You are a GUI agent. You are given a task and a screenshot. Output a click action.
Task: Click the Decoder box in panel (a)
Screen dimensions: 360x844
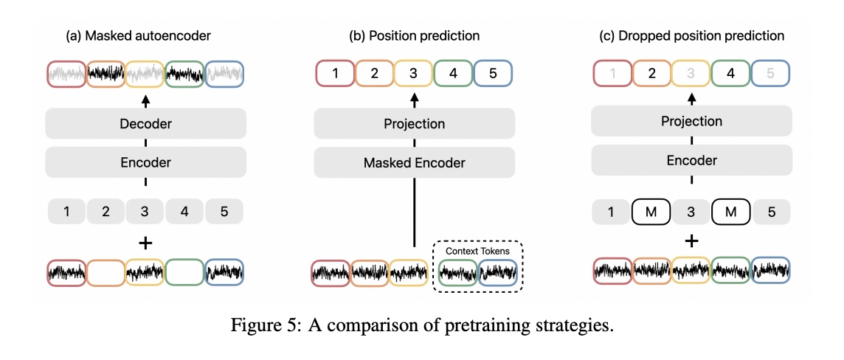coord(145,123)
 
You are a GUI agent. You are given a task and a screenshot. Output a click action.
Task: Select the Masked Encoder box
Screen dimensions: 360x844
coord(414,162)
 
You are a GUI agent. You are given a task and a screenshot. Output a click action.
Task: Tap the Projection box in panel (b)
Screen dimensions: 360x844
coord(414,123)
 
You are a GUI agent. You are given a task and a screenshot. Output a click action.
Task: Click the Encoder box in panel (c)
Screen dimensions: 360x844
coord(691,160)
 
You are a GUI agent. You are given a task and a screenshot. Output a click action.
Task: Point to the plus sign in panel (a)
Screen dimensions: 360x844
coord(145,243)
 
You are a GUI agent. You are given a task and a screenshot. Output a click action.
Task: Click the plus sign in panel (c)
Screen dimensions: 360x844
coord(691,240)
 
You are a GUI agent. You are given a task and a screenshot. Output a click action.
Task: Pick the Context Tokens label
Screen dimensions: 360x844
coord(477,251)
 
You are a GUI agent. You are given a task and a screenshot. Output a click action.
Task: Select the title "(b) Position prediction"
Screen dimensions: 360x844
coord(414,35)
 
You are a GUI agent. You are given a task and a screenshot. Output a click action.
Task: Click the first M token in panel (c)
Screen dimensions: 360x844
coord(651,212)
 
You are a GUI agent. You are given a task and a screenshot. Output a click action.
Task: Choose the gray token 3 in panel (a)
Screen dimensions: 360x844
coord(145,212)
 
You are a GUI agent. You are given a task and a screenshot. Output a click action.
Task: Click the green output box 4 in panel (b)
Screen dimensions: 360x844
coord(453,74)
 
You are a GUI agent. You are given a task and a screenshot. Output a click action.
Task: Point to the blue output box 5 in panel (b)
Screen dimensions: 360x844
coord(492,74)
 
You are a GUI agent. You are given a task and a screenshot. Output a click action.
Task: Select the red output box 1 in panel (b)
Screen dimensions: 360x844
coord(336,74)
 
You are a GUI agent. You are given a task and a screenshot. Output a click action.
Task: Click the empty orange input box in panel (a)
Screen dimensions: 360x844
coord(106,271)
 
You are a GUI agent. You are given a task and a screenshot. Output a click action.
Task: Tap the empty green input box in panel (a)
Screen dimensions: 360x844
coord(184,271)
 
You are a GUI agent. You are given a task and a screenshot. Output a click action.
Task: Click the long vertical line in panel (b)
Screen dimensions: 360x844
coord(414,214)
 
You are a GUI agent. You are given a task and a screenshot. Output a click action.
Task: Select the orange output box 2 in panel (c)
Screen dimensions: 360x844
coord(651,74)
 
